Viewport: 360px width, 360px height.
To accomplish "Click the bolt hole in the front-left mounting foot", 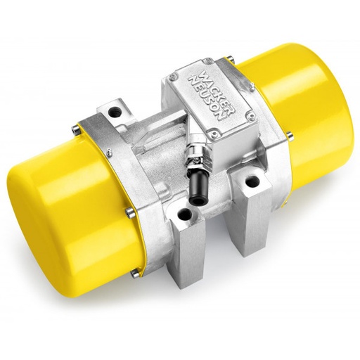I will point(184,214).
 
